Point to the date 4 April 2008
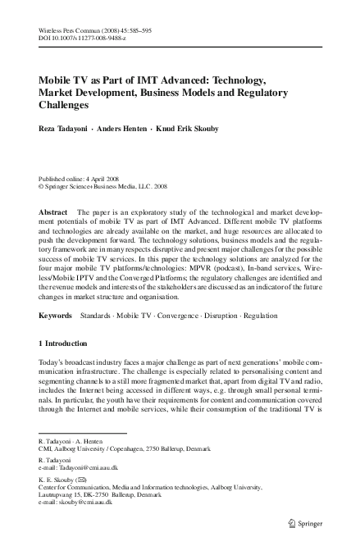pos(107,178)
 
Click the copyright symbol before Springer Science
pos(42,185)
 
